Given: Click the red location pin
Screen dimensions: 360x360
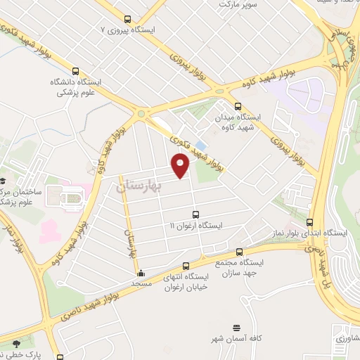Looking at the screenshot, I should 181,165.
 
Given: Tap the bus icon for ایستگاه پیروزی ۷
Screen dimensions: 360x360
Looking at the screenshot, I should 127,20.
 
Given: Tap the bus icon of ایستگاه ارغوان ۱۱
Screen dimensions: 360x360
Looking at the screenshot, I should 195,215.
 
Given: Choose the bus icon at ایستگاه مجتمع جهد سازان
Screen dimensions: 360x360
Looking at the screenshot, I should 240,251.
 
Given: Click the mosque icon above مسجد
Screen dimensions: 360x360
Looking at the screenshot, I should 141,273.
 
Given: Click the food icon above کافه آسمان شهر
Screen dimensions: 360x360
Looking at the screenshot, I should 237,328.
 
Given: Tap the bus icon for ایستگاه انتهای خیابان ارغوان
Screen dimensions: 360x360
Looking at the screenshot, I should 186,266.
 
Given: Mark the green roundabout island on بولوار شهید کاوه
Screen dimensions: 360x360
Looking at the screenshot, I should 143,114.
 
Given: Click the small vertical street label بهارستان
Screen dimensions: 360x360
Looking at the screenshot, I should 129,243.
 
